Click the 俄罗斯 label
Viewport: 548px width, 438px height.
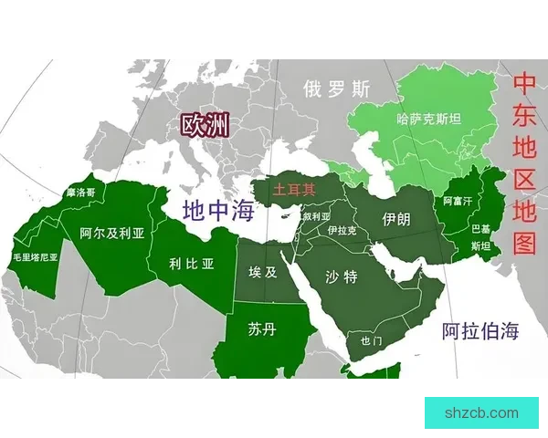[338, 89]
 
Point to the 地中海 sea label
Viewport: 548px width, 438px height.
[217, 210]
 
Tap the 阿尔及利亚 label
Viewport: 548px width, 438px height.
[112, 234]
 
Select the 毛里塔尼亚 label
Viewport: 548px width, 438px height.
[36, 257]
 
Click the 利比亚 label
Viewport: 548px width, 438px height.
[192, 264]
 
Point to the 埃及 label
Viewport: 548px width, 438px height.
[262, 272]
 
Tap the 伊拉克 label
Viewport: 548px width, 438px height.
[342, 231]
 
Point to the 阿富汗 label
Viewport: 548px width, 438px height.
[457, 200]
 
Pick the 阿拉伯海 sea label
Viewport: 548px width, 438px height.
[480, 331]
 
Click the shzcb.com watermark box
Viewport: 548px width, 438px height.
[481, 412]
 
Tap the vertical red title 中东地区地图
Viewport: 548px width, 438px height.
[524, 163]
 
